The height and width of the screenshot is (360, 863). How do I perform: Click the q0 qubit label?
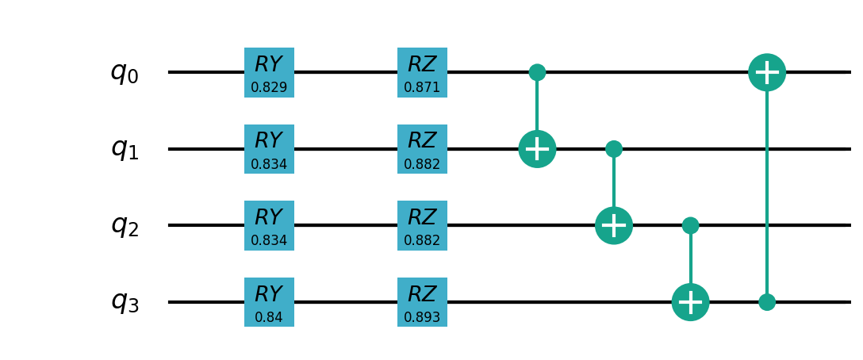point(125,73)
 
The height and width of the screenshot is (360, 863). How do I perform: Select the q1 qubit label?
point(125,149)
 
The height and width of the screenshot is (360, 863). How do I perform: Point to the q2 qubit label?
point(125,226)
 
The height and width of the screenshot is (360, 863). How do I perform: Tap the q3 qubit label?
point(125,302)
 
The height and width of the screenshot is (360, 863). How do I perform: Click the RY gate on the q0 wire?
point(269,72)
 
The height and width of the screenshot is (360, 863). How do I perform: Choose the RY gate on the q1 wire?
point(269,149)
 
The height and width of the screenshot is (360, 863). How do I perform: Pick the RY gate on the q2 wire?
point(269,225)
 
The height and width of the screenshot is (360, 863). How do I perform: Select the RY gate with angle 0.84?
point(269,302)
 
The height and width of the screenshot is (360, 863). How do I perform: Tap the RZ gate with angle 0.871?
point(422,72)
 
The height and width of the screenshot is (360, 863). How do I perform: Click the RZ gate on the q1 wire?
point(422,149)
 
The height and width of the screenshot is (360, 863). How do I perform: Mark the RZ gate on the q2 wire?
point(422,225)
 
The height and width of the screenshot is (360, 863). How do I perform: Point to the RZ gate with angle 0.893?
point(422,302)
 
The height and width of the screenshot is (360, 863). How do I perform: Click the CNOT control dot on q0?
point(537,72)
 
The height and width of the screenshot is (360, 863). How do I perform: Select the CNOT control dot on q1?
point(614,149)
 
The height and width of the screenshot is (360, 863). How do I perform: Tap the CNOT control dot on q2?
point(690,225)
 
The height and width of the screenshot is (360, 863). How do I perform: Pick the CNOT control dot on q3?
point(767,302)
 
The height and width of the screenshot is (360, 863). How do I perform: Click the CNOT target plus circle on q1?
point(537,149)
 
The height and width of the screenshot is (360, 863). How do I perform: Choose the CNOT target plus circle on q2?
point(614,225)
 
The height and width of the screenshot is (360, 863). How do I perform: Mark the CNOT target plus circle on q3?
point(690,302)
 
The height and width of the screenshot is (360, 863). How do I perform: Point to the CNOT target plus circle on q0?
point(767,72)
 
